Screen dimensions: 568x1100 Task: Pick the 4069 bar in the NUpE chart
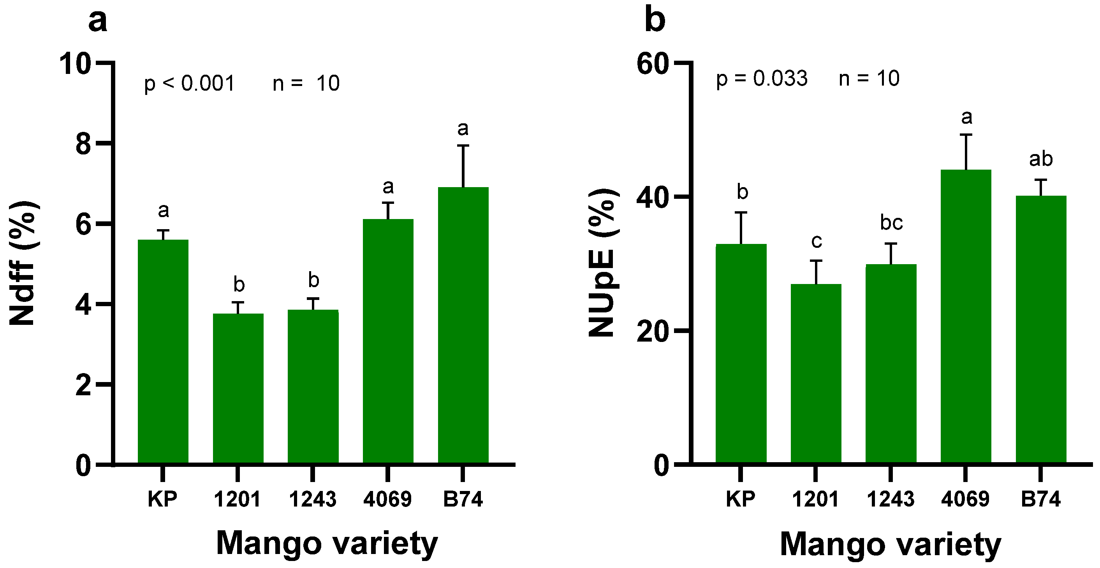[x=966, y=316]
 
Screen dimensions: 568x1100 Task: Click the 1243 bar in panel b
[x=891, y=363]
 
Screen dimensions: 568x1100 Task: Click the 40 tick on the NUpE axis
[x=652, y=197]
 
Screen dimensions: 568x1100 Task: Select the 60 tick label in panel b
[x=652, y=64]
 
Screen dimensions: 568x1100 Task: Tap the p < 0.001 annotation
[x=190, y=83]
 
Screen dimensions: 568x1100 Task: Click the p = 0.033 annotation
[x=762, y=79]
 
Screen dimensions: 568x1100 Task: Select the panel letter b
[x=655, y=21]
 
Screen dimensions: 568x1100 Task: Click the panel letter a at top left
[x=97, y=21]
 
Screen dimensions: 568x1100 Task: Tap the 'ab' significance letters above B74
[x=1041, y=159]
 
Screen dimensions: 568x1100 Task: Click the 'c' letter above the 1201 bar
[x=816, y=241]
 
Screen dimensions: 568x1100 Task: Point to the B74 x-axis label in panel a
[x=463, y=499]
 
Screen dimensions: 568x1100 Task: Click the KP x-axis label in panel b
[x=741, y=499]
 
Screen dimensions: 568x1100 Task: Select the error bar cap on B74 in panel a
[x=463, y=146]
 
